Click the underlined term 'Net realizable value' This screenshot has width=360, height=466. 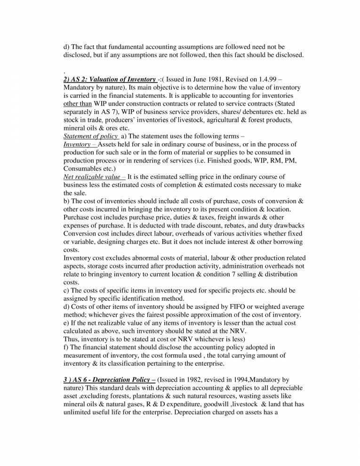[92, 177]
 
